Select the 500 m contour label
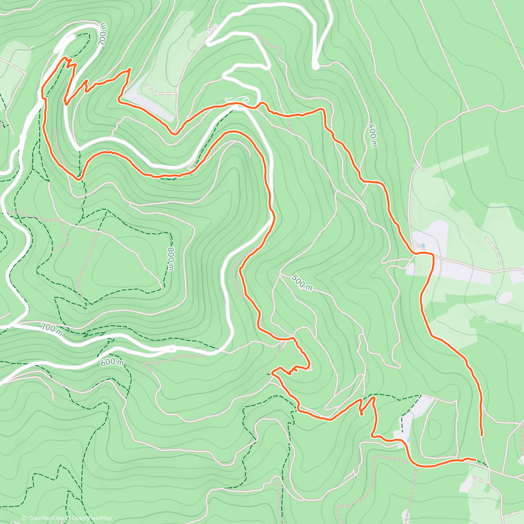pyautogui.click(x=302, y=283)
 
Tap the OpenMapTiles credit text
pyautogui.click(x=45, y=518)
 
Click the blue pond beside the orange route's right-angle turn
pyautogui.click(x=422, y=245)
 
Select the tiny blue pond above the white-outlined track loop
pyautogui.click(x=227, y=94)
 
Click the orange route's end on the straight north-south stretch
pyautogui.click(x=482, y=435)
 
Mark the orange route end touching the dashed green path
pyautogui.click(x=475, y=459)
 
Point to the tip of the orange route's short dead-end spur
pyautogui.click(x=362, y=414)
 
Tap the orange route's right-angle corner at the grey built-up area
pyautogui.click(x=432, y=254)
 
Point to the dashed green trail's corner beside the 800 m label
pyautogui.click(x=170, y=234)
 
